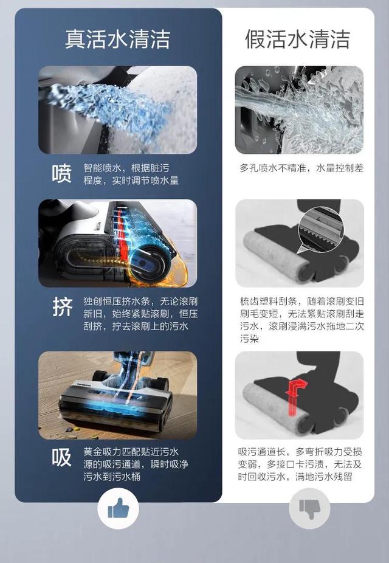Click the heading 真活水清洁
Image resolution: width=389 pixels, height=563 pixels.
pyautogui.click(x=117, y=39)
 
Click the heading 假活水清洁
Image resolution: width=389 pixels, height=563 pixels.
pyautogui.click(x=297, y=39)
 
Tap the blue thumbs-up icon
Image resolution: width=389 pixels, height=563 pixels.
pyautogui.click(x=118, y=508)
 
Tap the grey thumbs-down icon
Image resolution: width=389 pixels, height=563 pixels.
pyautogui.click(x=309, y=508)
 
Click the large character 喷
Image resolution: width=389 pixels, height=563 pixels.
pyautogui.click(x=62, y=174)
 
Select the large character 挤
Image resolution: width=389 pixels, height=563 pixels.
pyautogui.click(x=63, y=307)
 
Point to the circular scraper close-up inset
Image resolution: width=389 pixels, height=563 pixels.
pyautogui.click(x=321, y=229)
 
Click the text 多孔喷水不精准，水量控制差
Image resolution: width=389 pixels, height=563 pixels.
pyautogui.click(x=301, y=168)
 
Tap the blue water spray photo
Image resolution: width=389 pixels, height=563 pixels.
pyautogui.click(x=118, y=110)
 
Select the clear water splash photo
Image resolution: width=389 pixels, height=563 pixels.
pyautogui.click(x=299, y=110)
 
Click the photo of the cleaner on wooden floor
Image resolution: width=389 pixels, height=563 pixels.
pyautogui.click(x=118, y=395)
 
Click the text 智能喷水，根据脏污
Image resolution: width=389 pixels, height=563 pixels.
pyautogui.click(x=126, y=168)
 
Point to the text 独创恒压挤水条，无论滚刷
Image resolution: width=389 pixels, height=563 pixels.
pyautogui.click(x=140, y=301)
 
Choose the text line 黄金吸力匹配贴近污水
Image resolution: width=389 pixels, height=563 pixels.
pyautogui.click(x=131, y=452)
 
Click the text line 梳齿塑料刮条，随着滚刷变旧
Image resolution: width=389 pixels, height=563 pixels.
pyautogui.click(x=302, y=301)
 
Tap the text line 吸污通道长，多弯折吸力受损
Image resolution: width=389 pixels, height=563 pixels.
pyautogui.click(x=300, y=452)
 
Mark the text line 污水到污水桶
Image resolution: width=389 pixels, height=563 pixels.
pyautogui.click(x=112, y=477)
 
